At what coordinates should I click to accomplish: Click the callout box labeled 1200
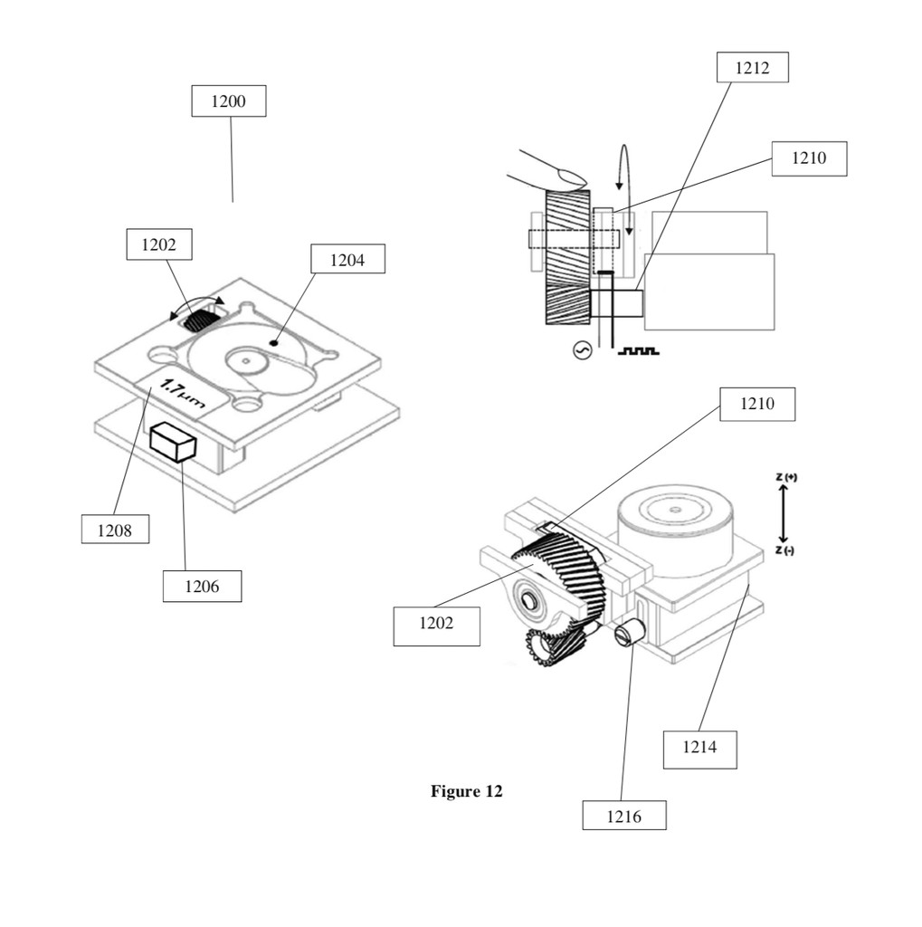229,101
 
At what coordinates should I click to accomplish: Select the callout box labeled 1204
347,259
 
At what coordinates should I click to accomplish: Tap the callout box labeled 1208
115,529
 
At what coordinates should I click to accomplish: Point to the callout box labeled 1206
202,586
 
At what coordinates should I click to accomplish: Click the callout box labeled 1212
753,67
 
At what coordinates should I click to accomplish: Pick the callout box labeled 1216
624,816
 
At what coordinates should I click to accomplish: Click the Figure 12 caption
466,791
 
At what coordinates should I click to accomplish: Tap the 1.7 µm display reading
183,393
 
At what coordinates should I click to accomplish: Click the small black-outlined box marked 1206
173,441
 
